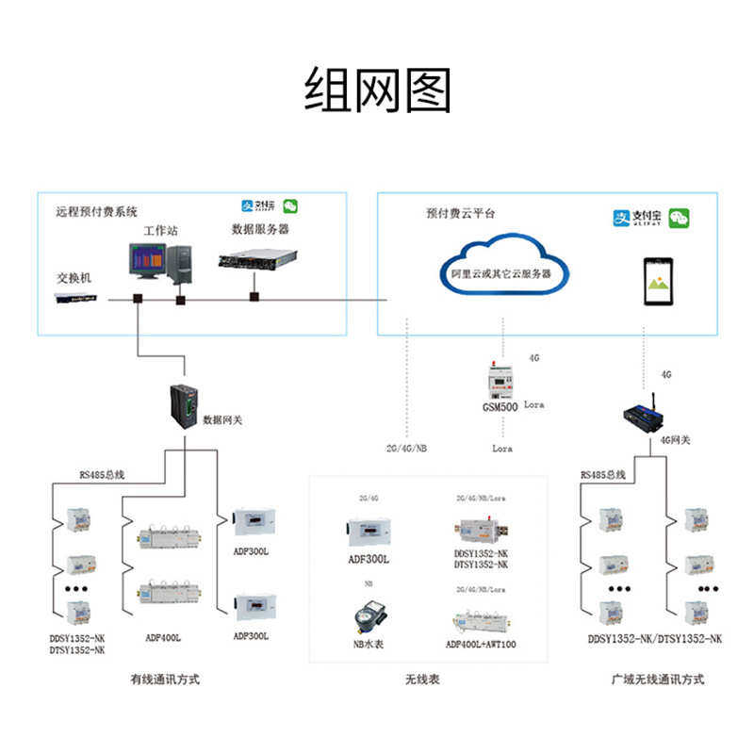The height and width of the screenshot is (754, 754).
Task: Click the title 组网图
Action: (377, 91)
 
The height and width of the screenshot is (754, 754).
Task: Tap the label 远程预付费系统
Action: (97, 212)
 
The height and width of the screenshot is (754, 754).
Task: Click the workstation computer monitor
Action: (147, 260)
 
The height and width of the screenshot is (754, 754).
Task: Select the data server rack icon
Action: (257, 257)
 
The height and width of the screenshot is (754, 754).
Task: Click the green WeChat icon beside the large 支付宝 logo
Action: (679, 219)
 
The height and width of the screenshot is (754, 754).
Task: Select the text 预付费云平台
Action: (460, 214)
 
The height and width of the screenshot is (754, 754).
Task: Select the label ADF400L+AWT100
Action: (481, 645)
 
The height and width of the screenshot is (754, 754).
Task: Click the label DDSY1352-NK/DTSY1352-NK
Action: (655, 639)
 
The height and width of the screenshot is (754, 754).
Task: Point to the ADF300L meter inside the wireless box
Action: (369, 532)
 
